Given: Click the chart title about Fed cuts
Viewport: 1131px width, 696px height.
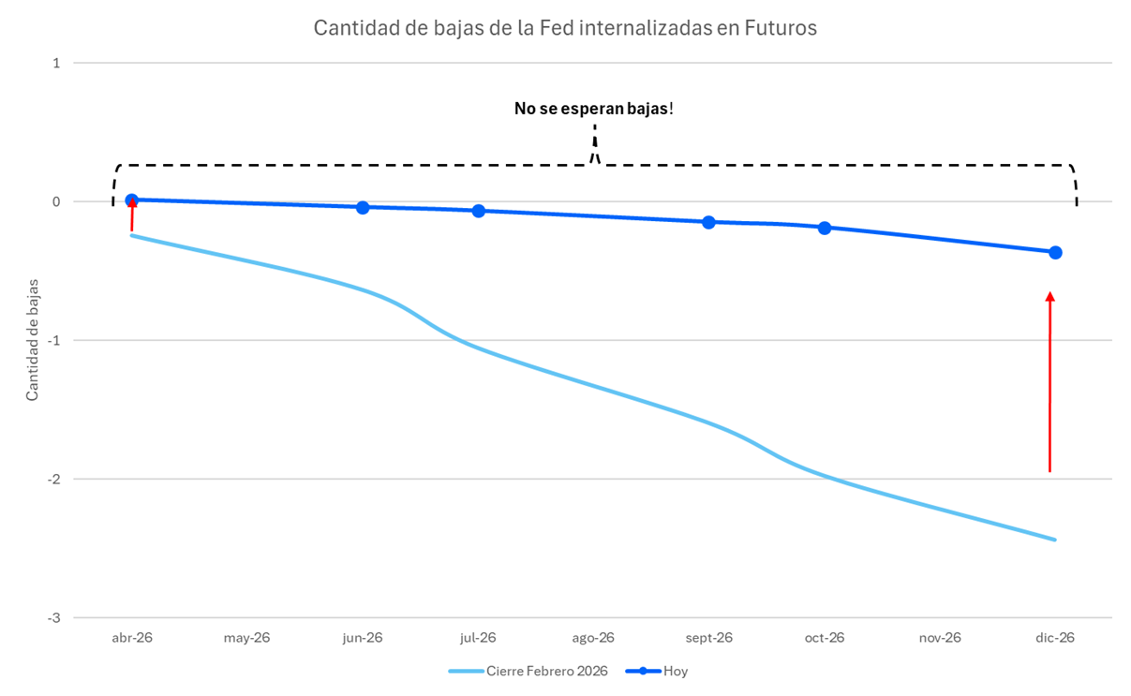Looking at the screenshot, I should point(565,28).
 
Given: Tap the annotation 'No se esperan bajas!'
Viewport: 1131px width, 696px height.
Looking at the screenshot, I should point(593,109).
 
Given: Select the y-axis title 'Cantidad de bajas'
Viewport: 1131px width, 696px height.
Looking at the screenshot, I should point(33,339).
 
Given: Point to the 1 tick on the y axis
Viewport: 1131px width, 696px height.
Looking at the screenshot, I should point(56,63).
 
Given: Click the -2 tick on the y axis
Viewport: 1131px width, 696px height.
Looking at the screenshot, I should point(54,479).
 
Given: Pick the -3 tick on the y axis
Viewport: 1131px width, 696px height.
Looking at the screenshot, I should point(54,617).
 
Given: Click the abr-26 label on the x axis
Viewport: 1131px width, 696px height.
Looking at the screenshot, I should point(132,638).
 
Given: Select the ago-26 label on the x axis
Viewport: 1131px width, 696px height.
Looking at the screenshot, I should point(593,638).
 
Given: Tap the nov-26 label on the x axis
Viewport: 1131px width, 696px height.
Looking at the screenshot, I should point(940,638).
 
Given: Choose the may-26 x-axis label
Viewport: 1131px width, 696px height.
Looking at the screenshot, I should point(247,638).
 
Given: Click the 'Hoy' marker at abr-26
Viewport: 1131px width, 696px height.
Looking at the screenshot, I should point(132,200).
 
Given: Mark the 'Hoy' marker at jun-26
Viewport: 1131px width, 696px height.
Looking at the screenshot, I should point(363,207).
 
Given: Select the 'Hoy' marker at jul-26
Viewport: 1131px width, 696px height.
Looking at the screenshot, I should point(478,211).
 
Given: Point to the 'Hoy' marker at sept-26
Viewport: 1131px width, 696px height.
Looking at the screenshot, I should point(708,222).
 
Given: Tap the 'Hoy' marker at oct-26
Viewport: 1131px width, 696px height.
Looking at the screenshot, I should point(825,228).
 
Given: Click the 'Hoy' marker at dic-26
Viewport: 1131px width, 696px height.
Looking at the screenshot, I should point(1055,252).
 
